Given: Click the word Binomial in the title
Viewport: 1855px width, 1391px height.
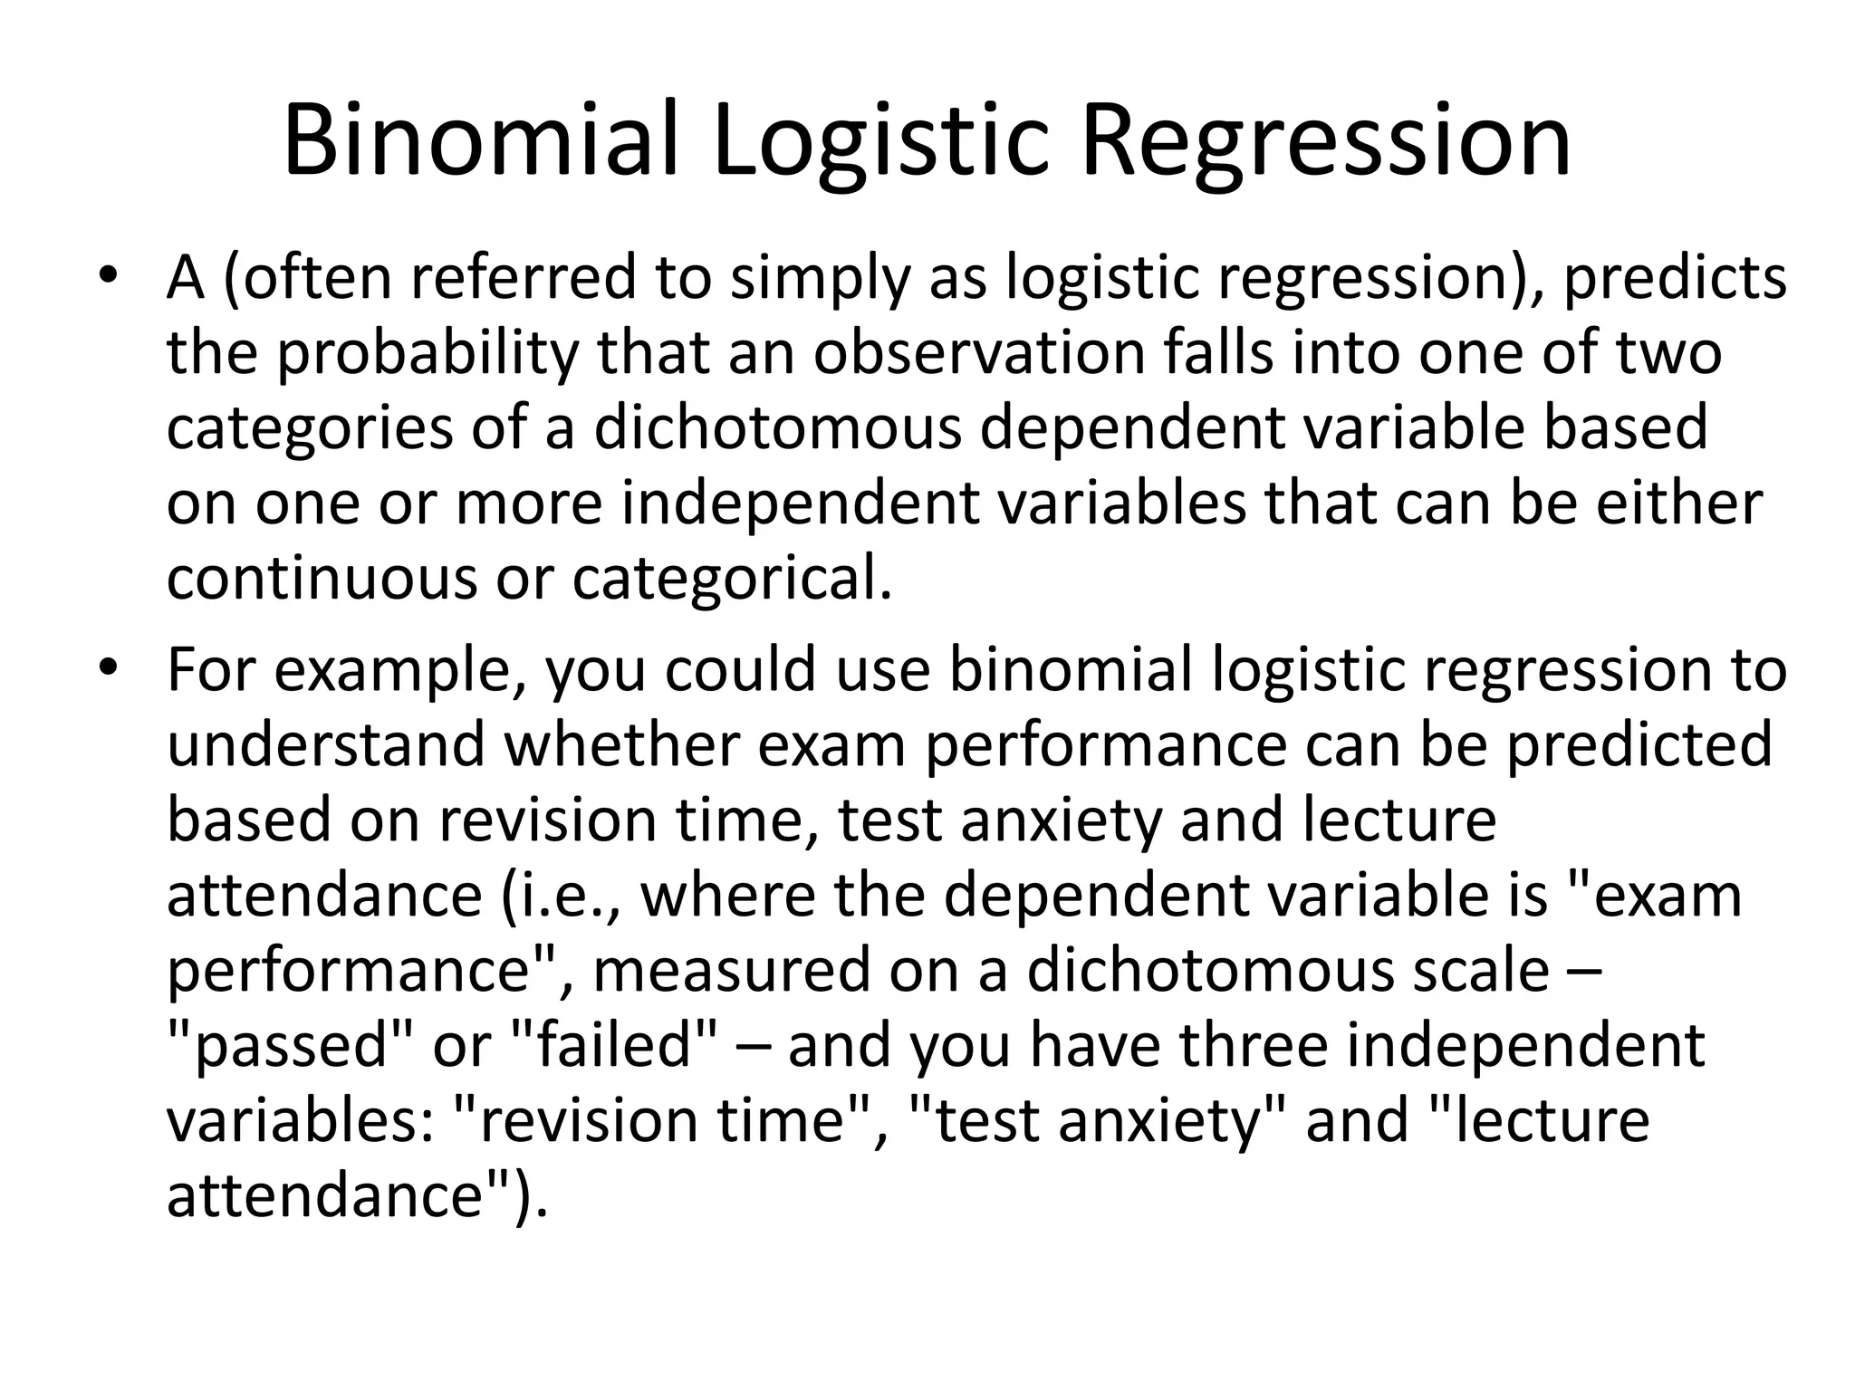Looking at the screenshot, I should point(481,141).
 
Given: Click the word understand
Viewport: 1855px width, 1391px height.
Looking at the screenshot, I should point(326,744).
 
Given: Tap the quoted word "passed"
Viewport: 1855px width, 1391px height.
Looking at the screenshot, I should point(292,1045).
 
